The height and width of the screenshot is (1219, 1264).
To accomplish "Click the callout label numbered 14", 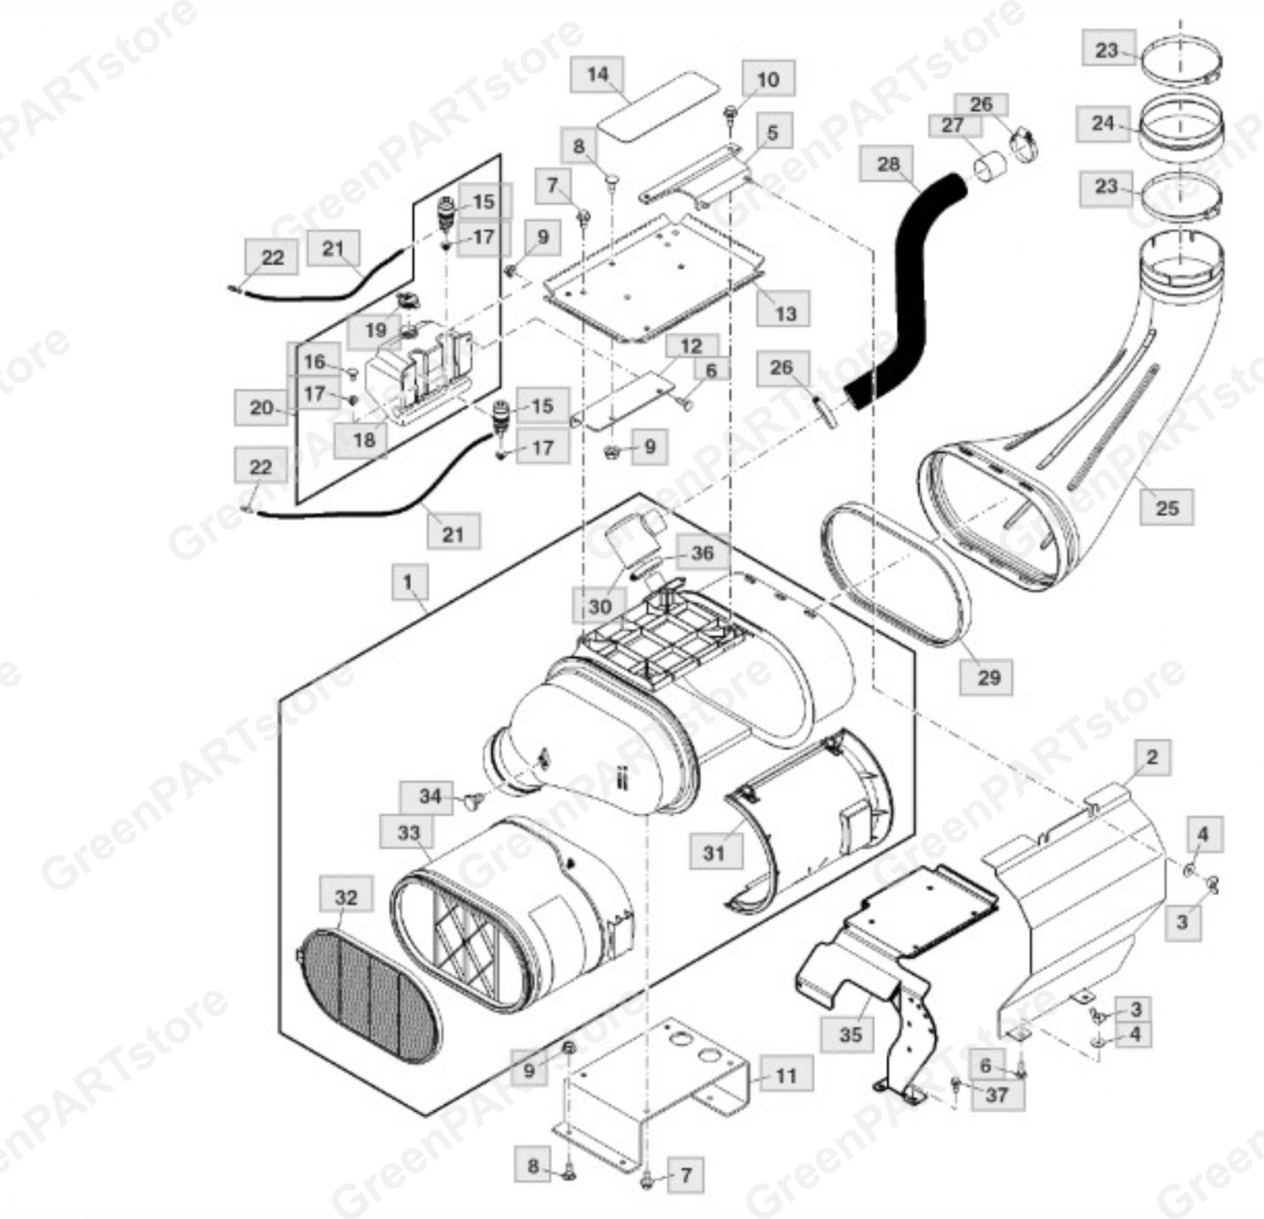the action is [597, 74].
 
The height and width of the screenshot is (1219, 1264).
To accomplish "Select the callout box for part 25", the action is [1167, 508].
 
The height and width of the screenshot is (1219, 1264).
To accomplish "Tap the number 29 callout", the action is [988, 677].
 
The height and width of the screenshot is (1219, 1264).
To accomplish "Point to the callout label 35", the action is [850, 1034].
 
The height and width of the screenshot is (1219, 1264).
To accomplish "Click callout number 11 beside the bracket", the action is [785, 1076].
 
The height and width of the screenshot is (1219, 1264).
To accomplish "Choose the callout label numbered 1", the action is [410, 583].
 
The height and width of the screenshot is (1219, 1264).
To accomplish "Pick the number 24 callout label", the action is [1103, 124].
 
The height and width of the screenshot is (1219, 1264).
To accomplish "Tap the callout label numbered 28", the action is [888, 163].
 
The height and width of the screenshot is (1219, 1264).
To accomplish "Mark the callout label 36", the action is [702, 553].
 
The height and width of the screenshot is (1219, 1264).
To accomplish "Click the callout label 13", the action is [785, 313].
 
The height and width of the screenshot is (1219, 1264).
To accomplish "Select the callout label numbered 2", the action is [1152, 757].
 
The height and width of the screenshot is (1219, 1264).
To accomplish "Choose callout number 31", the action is [714, 853].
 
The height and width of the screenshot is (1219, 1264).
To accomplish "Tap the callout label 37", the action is [997, 1095].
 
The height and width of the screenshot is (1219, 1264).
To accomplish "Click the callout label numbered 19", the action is [376, 330].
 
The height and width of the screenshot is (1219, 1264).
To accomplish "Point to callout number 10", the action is [768, 80].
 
